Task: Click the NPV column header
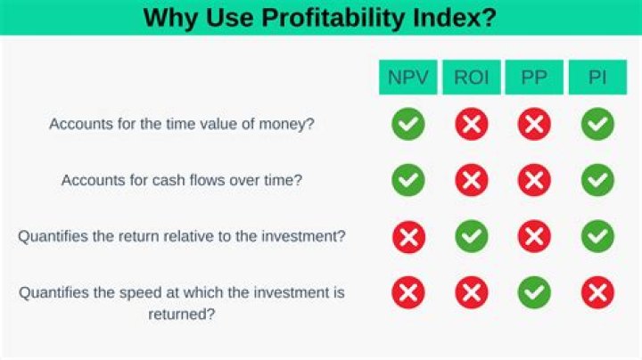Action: click(x=408, y=78)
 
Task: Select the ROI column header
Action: click(x=471, y=78)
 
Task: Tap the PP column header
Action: click(x=534, y=78)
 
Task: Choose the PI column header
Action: click(x=597, y=78)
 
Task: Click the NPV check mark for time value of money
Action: click(x=408, y=125)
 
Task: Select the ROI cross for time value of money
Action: click(x=471, y=125)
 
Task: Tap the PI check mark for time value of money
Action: click(x=597, y=125)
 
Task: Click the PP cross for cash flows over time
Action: click(x=534, y=180)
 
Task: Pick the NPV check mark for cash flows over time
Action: click(x=408, y=180)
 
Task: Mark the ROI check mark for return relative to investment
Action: click(x=471, y=236)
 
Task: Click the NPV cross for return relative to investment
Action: click(x=408, y=236)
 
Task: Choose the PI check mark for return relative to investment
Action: click(x=597, y=236)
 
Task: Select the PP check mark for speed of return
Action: click(x=534, y=292)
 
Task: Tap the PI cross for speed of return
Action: click(x=597, y=292)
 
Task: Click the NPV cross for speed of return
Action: click(x=408, y=292)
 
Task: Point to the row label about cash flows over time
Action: click(x=182, y=180)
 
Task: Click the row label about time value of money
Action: click(x=182, y=125)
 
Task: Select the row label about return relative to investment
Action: click(x=182, y=236)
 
